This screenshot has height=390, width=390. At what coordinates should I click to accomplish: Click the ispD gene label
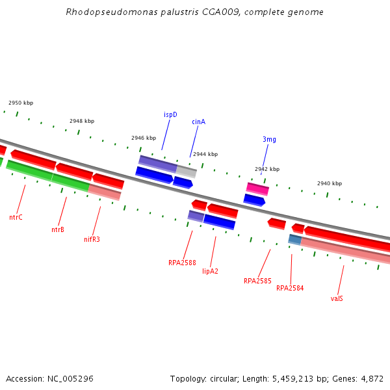170,114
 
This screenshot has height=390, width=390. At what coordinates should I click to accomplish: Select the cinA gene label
198,122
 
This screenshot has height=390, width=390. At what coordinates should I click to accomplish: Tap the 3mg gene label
269,139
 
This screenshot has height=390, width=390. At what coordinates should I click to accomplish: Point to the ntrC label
16,217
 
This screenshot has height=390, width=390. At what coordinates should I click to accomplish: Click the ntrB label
58,229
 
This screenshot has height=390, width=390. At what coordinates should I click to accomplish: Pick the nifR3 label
92,239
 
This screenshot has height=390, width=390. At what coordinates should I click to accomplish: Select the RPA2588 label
182,263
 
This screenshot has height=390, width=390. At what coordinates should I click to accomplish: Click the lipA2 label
210,271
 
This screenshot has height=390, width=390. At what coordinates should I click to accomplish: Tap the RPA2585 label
257,281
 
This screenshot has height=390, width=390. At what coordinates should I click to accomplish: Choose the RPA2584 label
290,288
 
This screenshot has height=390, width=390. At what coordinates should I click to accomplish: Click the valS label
337,298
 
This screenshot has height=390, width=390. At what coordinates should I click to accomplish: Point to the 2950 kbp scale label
21,103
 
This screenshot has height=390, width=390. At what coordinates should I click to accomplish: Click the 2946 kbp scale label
144,138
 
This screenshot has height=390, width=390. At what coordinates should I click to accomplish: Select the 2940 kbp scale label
330,183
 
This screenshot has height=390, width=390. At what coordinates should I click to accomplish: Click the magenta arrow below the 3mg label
257,188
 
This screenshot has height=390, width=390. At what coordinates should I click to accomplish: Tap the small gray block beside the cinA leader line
186,172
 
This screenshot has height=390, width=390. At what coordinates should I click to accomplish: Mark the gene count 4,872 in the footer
371,378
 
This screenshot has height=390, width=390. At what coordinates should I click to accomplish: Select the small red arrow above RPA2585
277,224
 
